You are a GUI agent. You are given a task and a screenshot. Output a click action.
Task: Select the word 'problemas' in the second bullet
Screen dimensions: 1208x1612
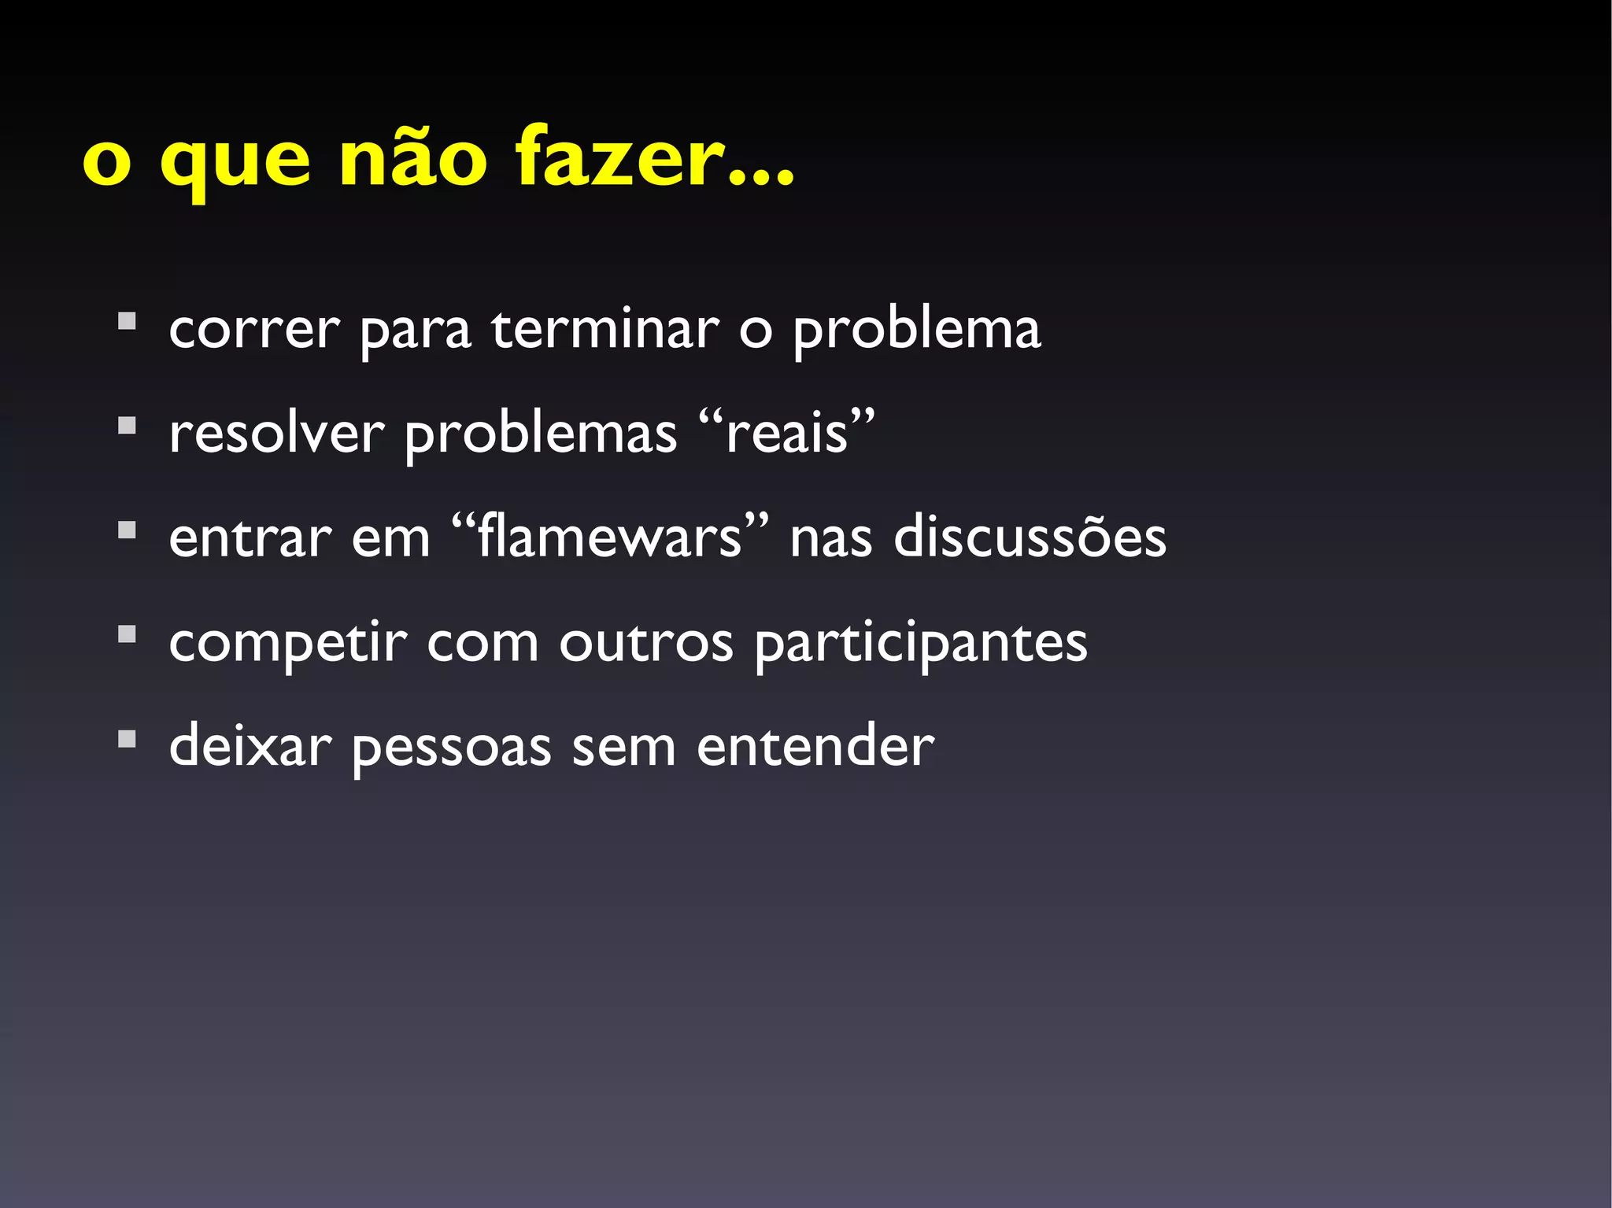(x=540, y=434)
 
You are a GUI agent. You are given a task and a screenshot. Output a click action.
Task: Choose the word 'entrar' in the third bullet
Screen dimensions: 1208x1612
(x=250, y=538)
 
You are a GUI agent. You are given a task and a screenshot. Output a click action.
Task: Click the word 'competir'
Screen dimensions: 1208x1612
(x=287, y=643)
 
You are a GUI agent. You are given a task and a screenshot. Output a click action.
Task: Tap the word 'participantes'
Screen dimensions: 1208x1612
(x=921, y=643)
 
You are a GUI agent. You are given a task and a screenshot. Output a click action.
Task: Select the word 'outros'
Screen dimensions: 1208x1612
(x=646, y=643)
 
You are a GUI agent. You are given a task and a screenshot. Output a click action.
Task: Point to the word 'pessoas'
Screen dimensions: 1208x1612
(x=451, y=748)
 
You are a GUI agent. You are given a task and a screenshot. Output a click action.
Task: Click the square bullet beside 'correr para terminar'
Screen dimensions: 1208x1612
(x=127, y=322)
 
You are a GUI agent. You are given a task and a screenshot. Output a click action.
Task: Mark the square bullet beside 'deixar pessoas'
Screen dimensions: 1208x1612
(x=127, y=739)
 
